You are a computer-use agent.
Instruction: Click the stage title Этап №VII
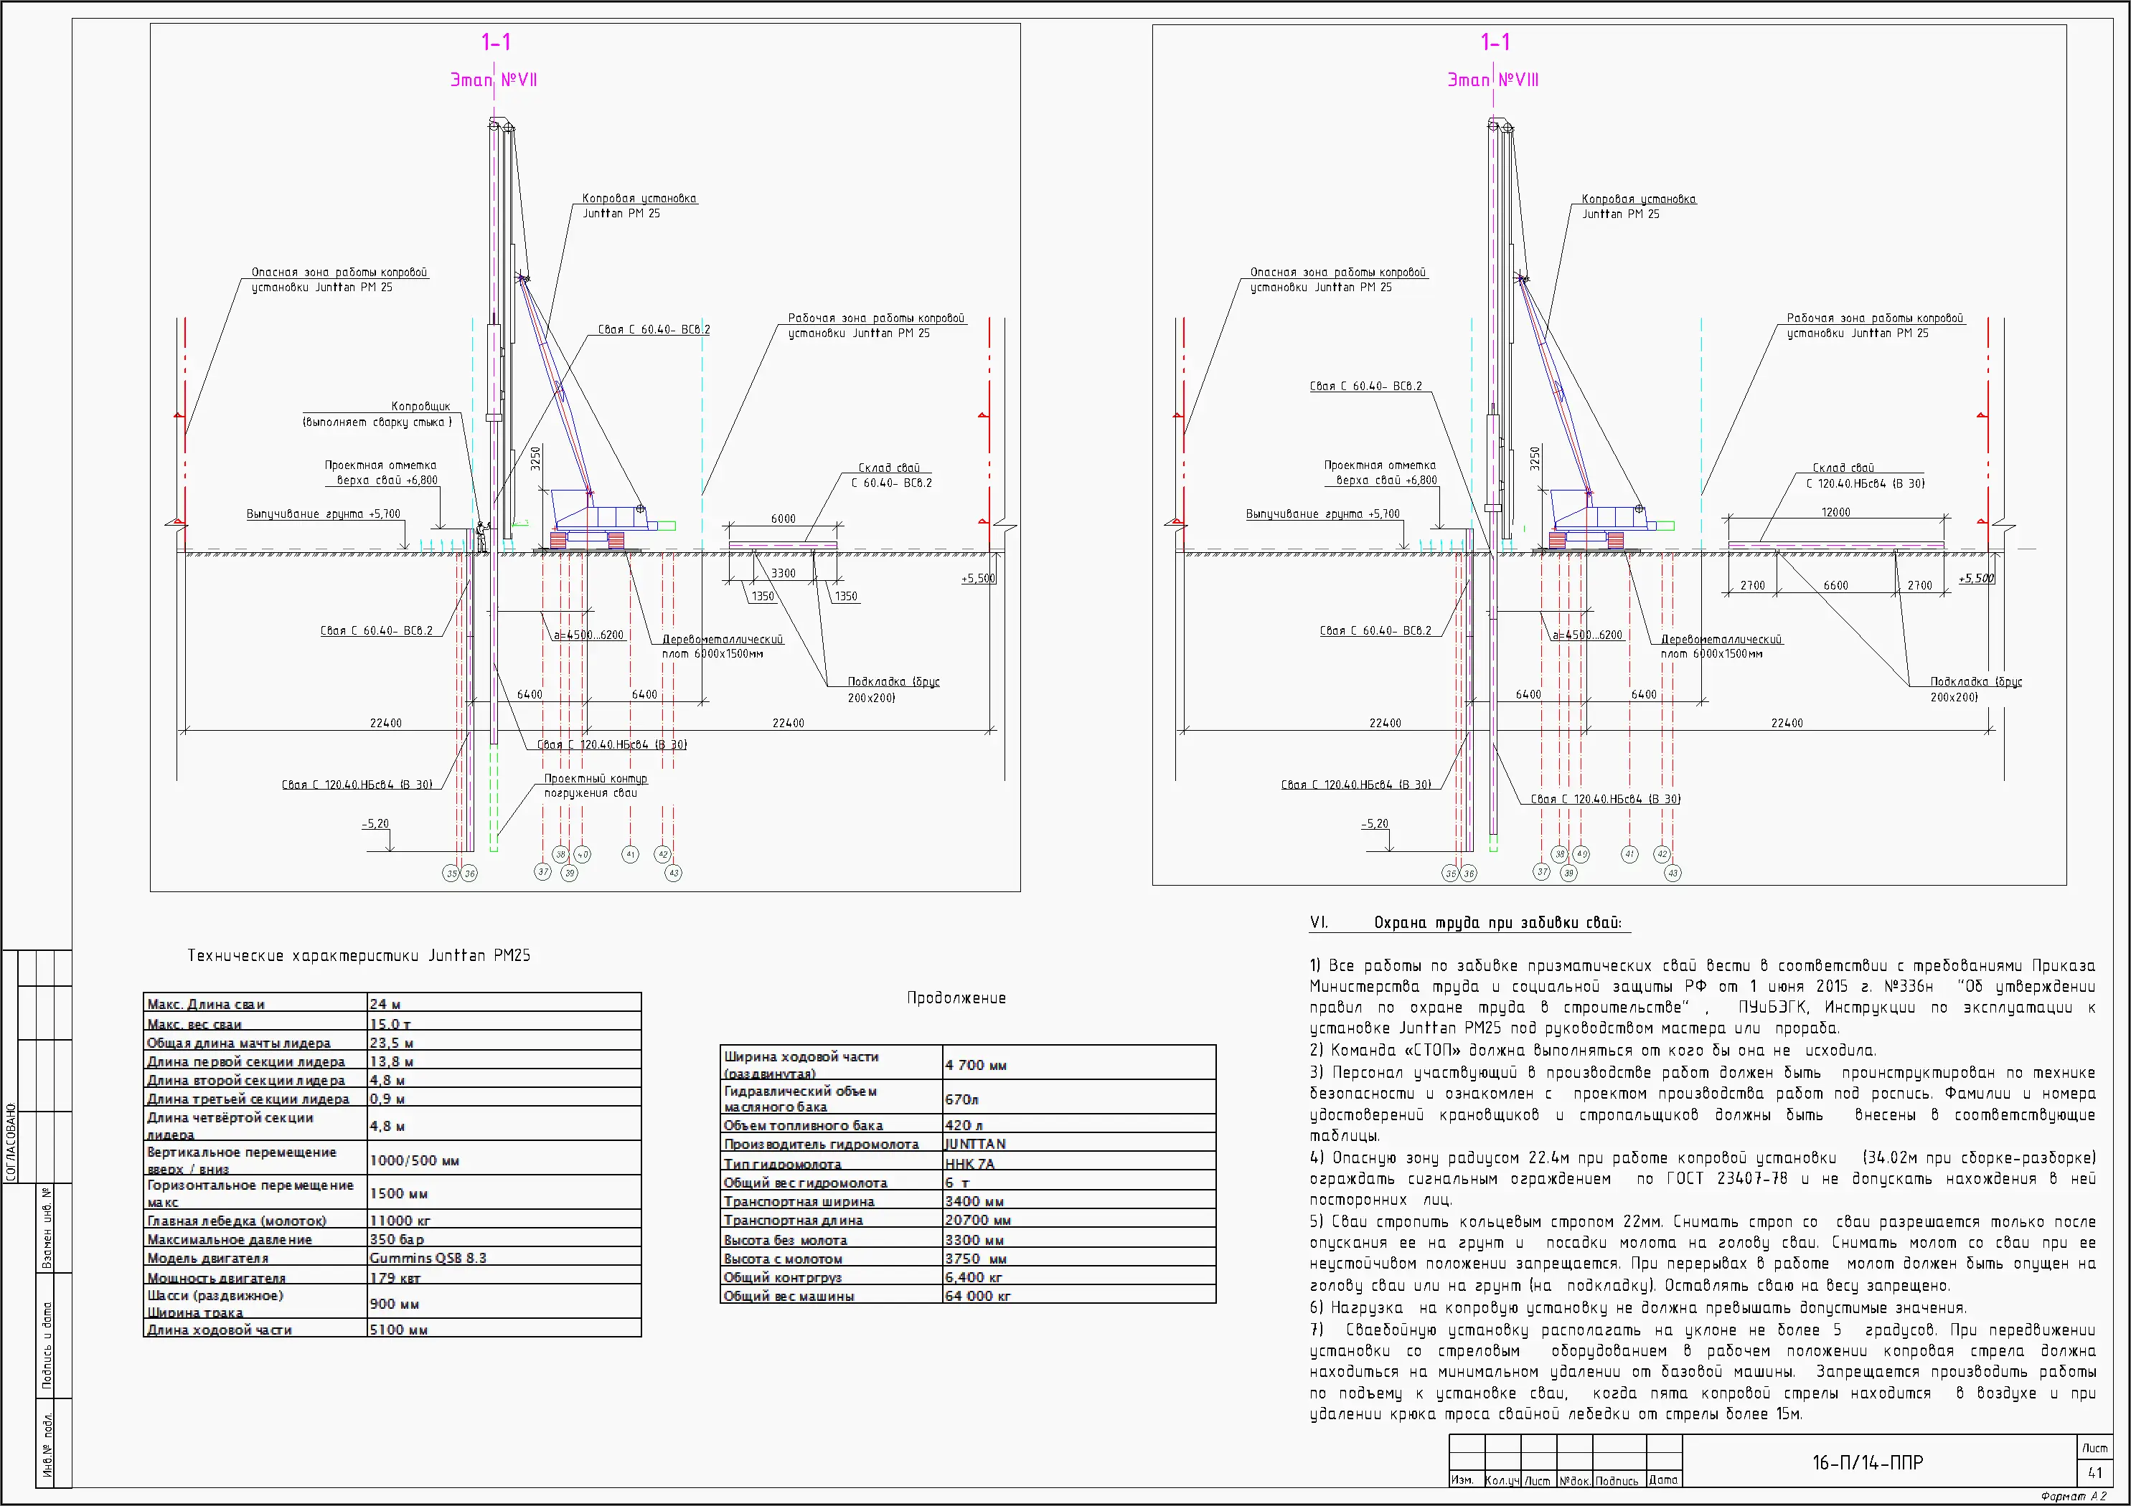pos(494,80)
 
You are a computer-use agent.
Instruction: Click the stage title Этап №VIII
pos(1492,80)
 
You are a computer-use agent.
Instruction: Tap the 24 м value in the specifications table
pos(385,1004)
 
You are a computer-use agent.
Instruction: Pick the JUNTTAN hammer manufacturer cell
pos(976,1144)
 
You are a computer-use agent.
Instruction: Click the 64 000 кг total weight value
pos(977,1295)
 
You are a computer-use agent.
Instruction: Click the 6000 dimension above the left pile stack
pos(782,518)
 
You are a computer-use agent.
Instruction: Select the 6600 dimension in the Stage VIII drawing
pos(1835,585)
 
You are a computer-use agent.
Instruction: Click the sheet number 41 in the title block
pos(2095,1472)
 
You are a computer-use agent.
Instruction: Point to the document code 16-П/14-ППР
pos(1868,1463)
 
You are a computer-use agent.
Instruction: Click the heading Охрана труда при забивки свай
pos(1497,922)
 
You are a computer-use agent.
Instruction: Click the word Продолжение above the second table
pos(956,998)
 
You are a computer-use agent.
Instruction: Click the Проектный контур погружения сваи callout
pos(595,785)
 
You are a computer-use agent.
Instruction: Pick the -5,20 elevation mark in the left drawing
pos(375,824)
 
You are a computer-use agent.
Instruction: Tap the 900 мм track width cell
pos(395,1304)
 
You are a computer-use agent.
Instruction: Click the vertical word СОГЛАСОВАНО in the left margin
pos(11,1141)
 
